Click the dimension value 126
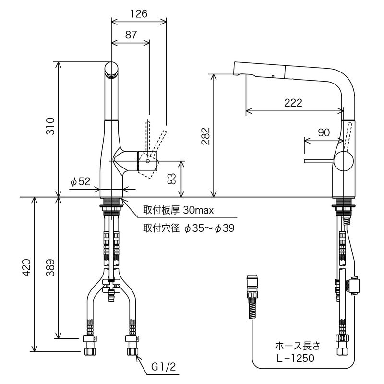(139, 13)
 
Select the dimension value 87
(130, 35)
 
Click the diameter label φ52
(80, 181)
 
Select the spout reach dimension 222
(293, 103)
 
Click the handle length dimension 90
(324, 133)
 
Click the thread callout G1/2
(164, 368)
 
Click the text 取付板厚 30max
(178, 210)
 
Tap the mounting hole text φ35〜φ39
(209, 228)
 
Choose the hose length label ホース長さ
(297, 346)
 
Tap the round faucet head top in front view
(111, 69)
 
